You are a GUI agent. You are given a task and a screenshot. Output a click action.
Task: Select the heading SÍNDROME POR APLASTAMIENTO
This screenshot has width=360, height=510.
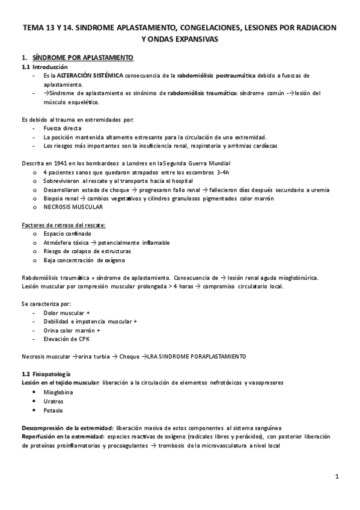pos(87,57)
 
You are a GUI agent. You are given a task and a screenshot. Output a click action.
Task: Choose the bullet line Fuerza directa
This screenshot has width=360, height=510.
pos(63,128)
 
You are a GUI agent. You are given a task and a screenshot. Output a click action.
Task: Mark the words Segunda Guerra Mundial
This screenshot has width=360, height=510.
pos(197,163)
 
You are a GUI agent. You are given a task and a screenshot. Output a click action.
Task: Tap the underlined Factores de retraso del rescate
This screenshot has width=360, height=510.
pos(63,225)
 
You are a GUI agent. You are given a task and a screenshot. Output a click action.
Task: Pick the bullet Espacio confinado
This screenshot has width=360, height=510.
pos(67,233)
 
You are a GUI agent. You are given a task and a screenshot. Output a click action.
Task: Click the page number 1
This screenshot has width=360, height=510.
pos(338,477)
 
